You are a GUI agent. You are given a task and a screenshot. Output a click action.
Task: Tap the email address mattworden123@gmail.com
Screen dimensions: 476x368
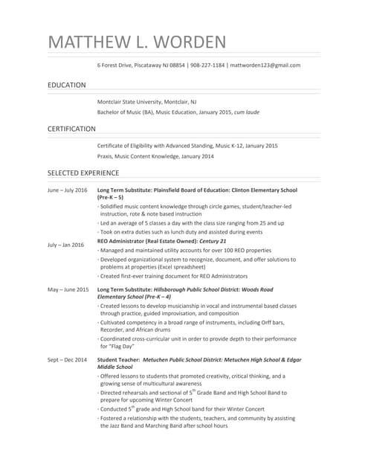point(265,65)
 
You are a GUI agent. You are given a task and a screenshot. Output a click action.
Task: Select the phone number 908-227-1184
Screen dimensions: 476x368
point(207,65)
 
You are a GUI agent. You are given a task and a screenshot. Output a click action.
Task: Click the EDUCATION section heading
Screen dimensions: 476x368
point(67,86)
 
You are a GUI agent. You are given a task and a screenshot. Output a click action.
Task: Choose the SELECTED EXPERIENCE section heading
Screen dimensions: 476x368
point(83,173)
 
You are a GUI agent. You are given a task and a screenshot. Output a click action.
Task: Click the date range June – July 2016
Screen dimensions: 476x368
point(67,190)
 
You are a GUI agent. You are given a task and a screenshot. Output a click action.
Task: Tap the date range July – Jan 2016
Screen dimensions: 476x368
point(66,244)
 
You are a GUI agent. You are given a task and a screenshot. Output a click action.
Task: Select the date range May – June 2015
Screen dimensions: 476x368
point(68,289)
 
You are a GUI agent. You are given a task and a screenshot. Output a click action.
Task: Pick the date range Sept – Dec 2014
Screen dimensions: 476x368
point(67,360)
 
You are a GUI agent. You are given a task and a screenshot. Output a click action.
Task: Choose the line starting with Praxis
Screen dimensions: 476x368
point(155,156)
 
